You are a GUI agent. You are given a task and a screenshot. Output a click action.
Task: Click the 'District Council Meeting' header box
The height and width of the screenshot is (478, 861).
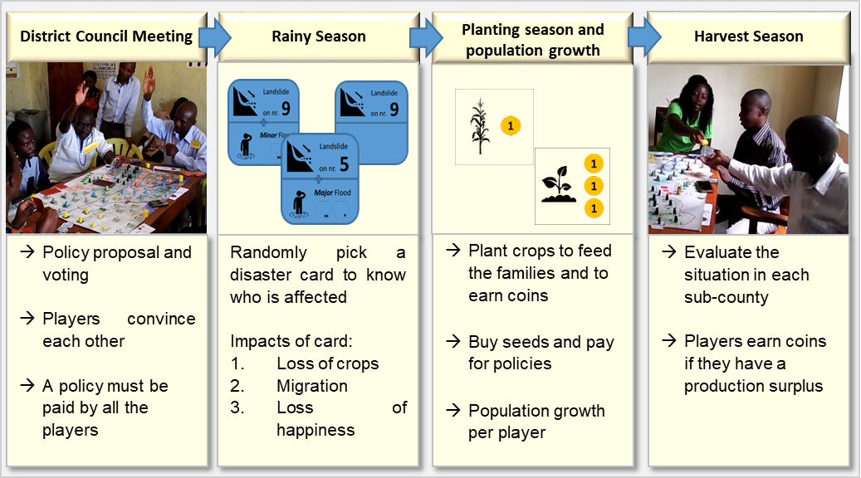tap(105, 37)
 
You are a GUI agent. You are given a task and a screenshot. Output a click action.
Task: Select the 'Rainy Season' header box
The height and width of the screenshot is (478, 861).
tap(318, 37)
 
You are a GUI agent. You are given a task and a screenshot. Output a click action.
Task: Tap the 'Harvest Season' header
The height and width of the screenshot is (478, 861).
tap(748, 37)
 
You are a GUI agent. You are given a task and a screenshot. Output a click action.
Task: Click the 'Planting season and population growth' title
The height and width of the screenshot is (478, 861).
tap(534, 40)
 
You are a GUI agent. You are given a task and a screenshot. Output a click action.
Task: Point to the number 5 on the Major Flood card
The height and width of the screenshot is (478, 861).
tap(344, 163)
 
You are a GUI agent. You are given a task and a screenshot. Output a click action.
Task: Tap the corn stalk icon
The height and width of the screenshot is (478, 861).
tap(479, 127)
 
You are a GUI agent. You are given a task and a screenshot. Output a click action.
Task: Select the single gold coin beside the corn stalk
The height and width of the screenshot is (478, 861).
tap(511, 125)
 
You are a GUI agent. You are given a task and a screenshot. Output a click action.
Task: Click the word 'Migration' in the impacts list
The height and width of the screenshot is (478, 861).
tap(312, 386)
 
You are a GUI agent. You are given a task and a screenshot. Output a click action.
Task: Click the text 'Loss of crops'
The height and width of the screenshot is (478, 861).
tap(327, 363)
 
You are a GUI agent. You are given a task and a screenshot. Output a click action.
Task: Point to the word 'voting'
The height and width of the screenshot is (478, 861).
tap(66, 275)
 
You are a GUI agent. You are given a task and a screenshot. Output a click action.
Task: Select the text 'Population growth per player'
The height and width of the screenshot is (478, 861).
tap(536, 422)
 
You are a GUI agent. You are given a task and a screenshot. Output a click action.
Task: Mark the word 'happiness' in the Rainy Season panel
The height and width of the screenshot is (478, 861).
tap(316, 430)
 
